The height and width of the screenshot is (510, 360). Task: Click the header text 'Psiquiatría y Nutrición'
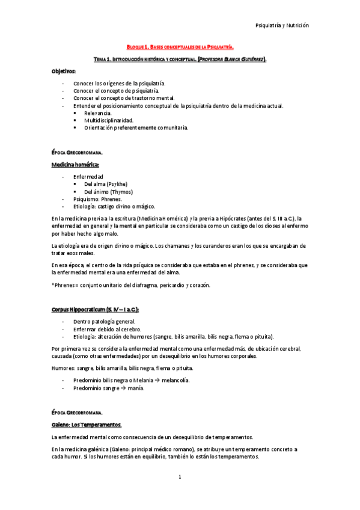[x=282, y=26]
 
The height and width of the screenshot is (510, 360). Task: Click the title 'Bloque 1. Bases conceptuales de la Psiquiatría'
[x=180, y=46]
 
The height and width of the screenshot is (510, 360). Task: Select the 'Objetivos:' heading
[x=64, y=71]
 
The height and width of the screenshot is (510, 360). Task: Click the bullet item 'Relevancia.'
[x=98, y=113]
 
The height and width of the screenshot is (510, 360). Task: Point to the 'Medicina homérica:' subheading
[x=75, y=164]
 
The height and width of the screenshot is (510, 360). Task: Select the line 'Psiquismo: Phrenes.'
[x=97, y=198]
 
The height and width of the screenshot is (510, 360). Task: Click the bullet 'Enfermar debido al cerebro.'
[x=108, y=330]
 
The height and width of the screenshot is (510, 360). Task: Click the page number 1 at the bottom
[x=180, y=477]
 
